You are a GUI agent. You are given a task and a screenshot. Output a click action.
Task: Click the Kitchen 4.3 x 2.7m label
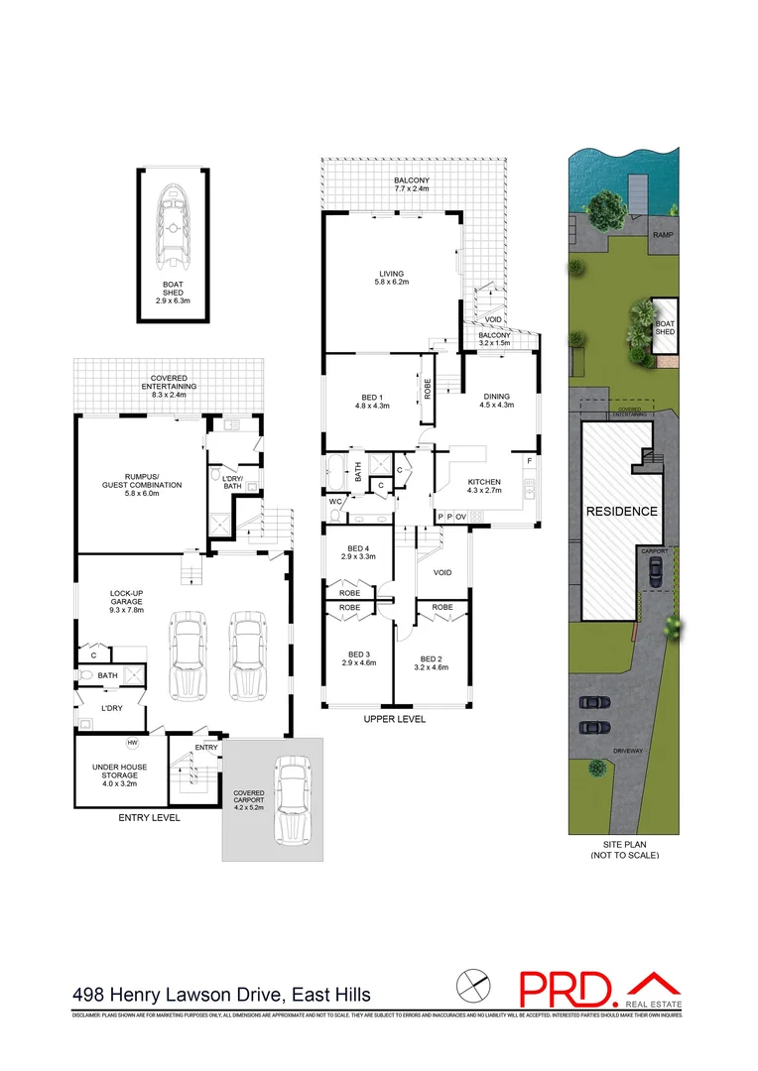click(485, 486)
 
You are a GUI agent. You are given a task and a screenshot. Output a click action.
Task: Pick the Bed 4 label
click(357, 553)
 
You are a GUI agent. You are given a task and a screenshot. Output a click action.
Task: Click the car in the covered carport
click(292, 795)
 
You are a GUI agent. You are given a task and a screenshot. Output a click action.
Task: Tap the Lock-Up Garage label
click(127, 603)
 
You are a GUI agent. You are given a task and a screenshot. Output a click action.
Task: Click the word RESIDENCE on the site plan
click(621, 511)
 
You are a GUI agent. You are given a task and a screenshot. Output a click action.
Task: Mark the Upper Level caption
click(394, 719)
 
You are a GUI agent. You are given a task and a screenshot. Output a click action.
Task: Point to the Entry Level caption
click(148, 818)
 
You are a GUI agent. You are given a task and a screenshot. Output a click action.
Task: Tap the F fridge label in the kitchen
click(530, 462)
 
